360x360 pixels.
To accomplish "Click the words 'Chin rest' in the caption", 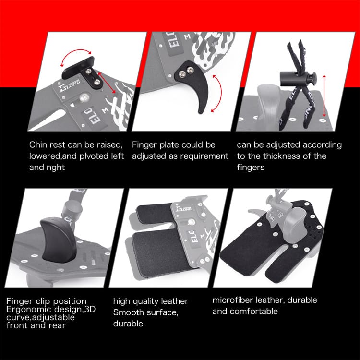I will tap(47, 144).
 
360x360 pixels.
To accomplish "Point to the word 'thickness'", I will tap(284, 156).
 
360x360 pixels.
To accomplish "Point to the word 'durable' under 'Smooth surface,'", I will tap(128, 324).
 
